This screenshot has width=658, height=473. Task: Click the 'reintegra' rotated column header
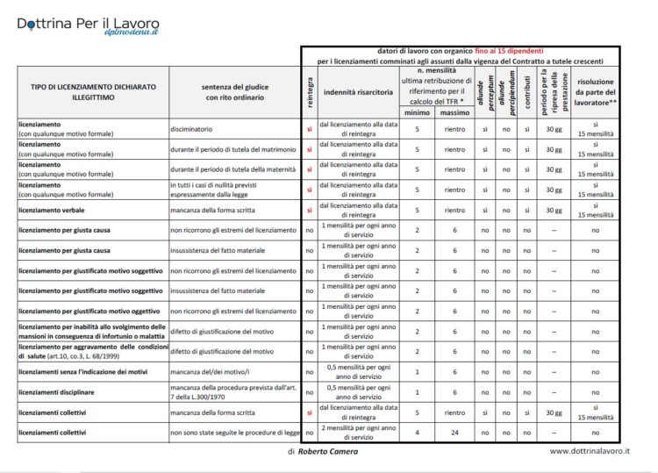click(x=309, y=90)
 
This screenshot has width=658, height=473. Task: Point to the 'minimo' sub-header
click(x=417, y=112)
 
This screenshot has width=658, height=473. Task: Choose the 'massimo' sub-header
click(x=454, y=112)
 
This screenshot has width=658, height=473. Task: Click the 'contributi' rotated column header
click(x=527, y=91)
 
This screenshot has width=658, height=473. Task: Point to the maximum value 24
click(x=454, y=432)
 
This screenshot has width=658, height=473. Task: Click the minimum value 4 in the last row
click(x=417, y=432)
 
